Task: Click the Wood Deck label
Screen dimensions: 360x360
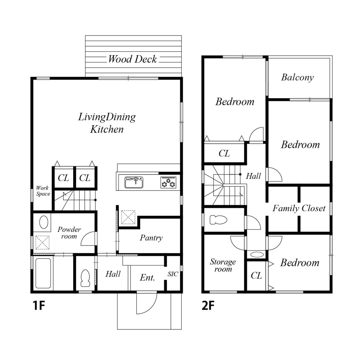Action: pyautogui.click(x=132, y=59)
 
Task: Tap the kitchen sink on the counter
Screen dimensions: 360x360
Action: pyautogui.click(x=134, y=182)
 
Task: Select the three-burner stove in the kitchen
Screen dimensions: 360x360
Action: pyautogui.click(x=168, y=182)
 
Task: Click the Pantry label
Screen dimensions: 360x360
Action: pyautogui.click(x=151, y=238)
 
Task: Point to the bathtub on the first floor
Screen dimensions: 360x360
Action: pyautogui.click(x=43, y=273)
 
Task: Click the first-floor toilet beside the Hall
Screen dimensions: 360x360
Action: pyautogui.click(x=85, y=278)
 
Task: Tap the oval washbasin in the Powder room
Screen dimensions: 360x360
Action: pyautogui.click(x=44, y=222)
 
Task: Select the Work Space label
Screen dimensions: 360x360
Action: pyautogui.click(x=43, y=191)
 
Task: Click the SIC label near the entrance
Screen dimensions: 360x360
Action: pyautogui.click(x=172, y=274)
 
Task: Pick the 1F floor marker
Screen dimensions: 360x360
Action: pyautogui.click(x=39, y=306)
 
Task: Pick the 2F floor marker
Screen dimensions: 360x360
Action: pyautogui.click(x=208, y=306)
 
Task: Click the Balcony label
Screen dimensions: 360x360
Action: pyautogui.click(x=297, y=77)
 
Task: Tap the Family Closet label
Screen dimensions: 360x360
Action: pyautogui.click(x=299, y=208)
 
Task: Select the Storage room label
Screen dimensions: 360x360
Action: pyautogui.click(x=223, y=265)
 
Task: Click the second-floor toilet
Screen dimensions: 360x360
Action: pyautogui.click(x=218, y=220)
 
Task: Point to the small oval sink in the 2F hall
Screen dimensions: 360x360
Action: pyautogui.click(x=257, y=254)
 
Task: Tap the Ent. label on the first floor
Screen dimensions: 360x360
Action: pyautogui.click(x=147, y=278)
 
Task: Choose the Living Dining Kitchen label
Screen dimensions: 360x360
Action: pyautogui.click(x=107, y=123)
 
